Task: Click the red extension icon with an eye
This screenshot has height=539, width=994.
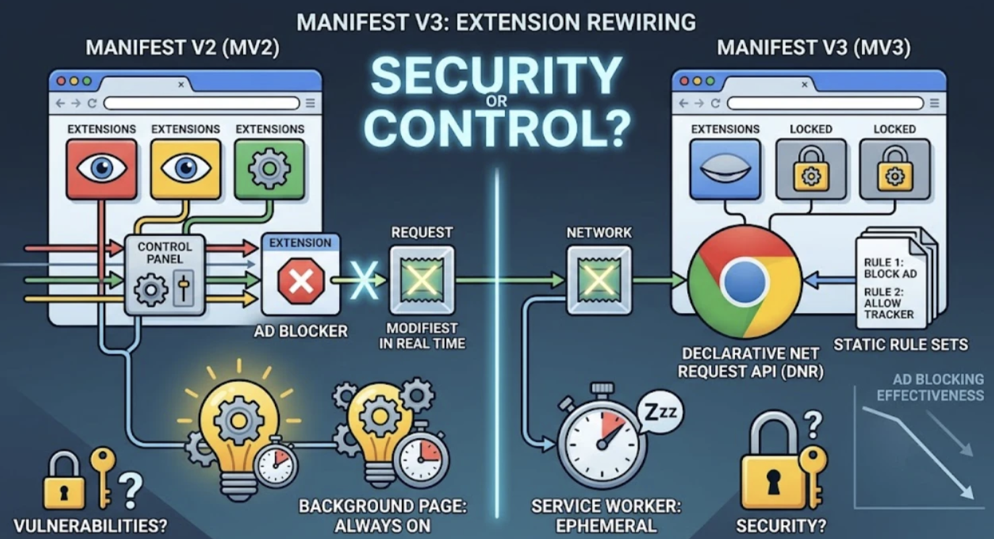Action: point(102,169)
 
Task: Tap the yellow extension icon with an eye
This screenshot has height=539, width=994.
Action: point(186,169)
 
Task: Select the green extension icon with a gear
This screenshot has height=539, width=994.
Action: point(270,169)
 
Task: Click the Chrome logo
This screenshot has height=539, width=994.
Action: point(745,281)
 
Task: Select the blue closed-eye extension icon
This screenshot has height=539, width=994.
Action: point(725,169)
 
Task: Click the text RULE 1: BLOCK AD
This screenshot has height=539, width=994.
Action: point(890,268)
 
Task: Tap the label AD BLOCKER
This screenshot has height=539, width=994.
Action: point(301,331)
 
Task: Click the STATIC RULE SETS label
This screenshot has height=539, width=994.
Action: point(900,345)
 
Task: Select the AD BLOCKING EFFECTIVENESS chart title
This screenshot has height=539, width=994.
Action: point(930,387)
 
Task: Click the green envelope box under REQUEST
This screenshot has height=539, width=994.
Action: point(422,280)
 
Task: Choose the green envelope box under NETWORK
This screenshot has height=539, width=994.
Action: point(599,280)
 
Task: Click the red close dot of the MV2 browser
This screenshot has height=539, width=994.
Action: point(61,81)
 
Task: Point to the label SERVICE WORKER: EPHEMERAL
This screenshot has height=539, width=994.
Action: point(606,515)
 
